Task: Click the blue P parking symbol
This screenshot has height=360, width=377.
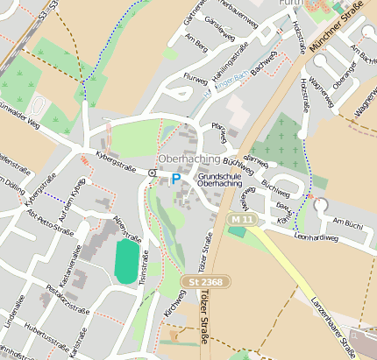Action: [x=175, y=178]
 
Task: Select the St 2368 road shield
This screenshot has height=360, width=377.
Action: [x=199, y=281]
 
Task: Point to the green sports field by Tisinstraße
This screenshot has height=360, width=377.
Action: [x=127, y=260]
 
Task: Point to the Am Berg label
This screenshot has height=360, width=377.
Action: [x=196, y=43]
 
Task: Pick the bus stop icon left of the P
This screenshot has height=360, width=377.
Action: [x=153, y=173]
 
